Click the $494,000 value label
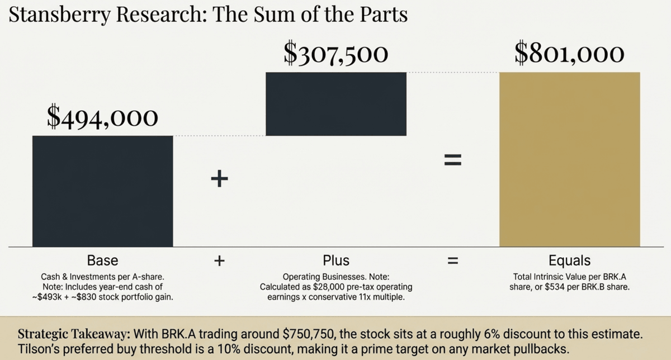tap(102, 117)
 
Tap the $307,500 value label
tap(335, 54)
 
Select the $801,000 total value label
tap(569, 54)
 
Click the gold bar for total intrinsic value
tap(569, 159)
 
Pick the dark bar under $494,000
tap(102, 190)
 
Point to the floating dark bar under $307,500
tap(335, 104)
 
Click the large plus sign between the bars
tap(220, 179)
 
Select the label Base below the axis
tap(102, 260)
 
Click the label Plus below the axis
tap(335, 260)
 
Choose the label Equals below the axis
tap(569, 260)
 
